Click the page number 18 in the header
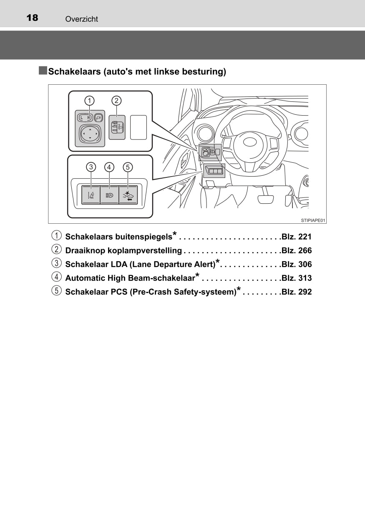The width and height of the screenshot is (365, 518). [33, 18]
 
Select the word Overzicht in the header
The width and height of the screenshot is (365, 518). [82, 19]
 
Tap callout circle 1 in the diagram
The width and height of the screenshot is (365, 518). [89, 101]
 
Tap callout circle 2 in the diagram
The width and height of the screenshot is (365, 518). [116, 101]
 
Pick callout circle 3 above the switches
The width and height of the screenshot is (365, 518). [91, 167]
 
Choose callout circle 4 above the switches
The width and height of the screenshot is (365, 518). [109, 167]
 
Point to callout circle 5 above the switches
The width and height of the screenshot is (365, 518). [128, 167]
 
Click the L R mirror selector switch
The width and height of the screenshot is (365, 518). [85, 118]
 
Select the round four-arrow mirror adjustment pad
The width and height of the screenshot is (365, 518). [90, 134]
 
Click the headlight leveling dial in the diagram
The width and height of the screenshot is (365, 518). [117, 127]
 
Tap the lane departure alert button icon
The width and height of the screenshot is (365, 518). [91, 195]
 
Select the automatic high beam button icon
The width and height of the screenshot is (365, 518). [109, 195]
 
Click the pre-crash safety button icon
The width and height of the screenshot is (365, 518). [128, 195]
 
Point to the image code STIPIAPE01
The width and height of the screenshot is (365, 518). [313, 220]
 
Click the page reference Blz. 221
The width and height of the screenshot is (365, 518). [297, 237]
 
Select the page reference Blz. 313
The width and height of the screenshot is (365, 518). [297, 278]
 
